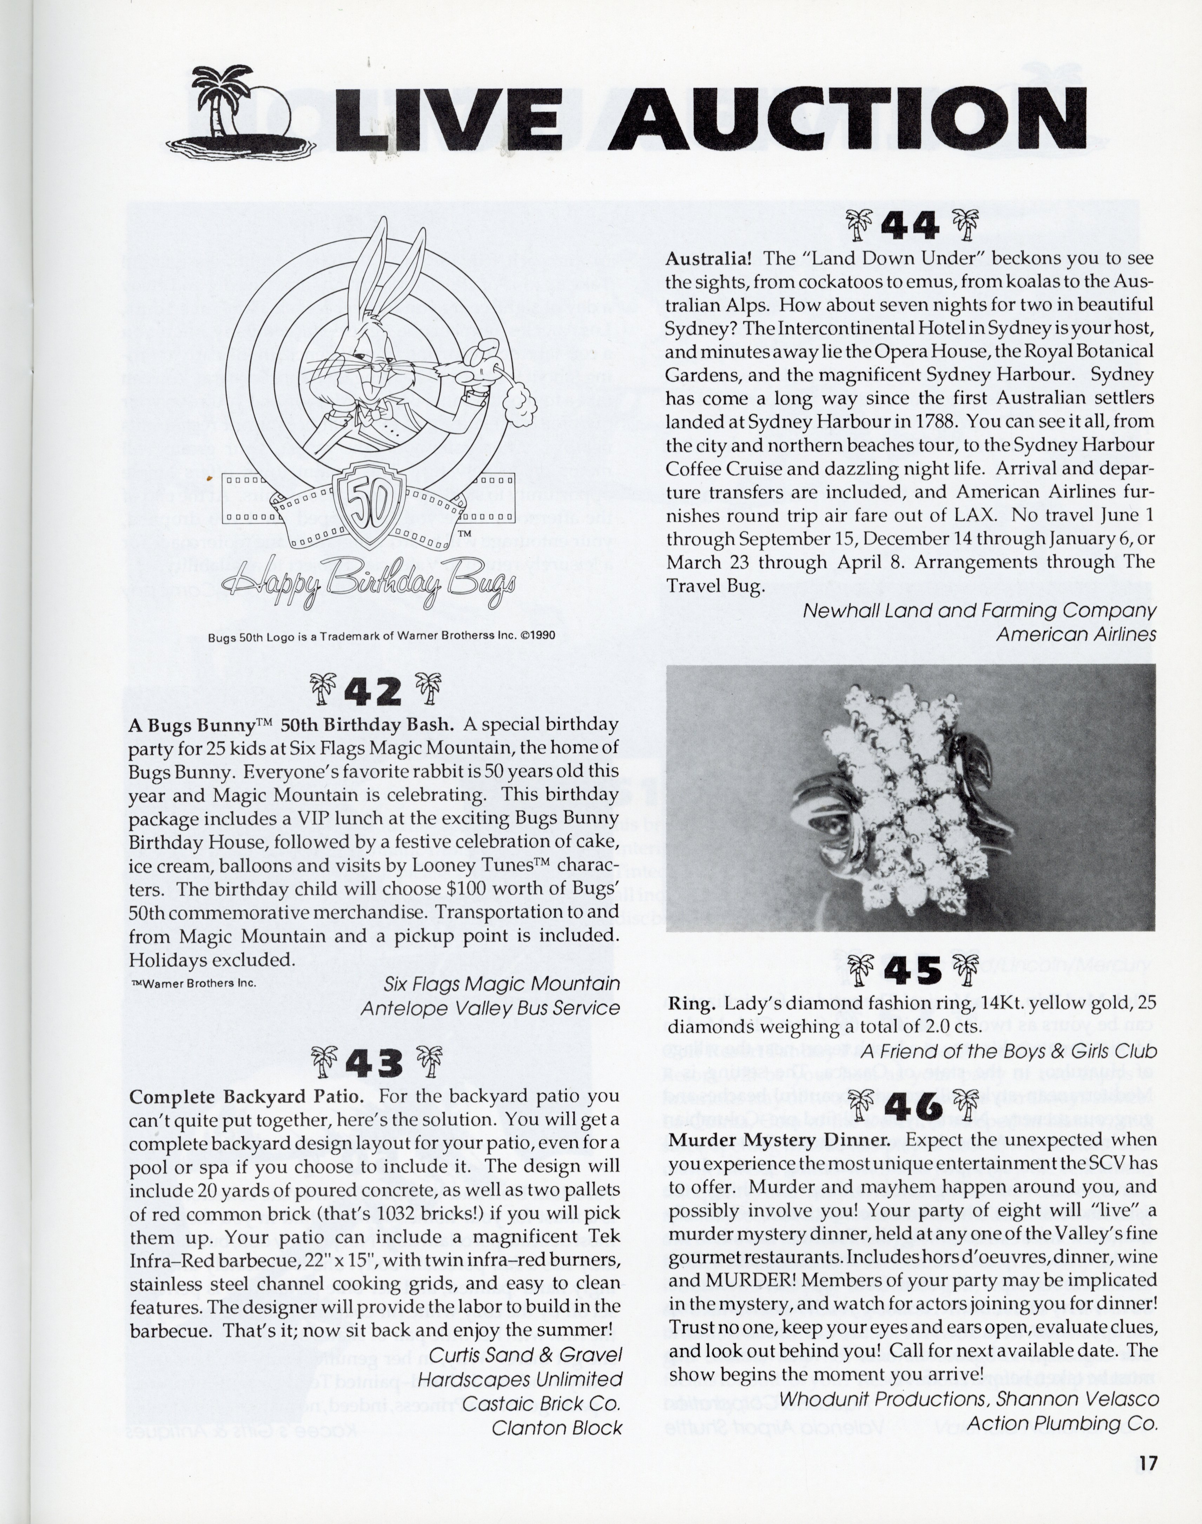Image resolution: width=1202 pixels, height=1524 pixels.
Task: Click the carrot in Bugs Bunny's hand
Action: coord(486,366)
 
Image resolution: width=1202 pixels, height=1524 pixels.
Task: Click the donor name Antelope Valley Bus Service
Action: coord(490,1008)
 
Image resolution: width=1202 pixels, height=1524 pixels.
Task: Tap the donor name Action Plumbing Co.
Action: coord(1063,1423)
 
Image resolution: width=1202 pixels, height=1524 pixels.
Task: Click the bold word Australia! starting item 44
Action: coord(709,258)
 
